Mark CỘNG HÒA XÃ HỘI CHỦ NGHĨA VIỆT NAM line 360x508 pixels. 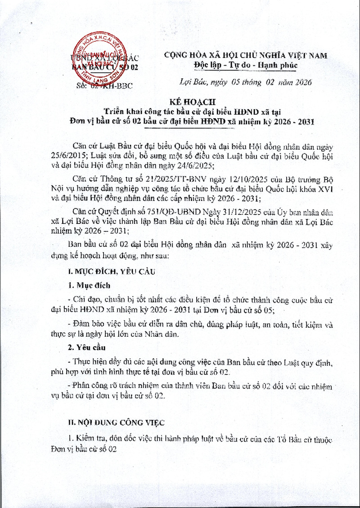(246, 56)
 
